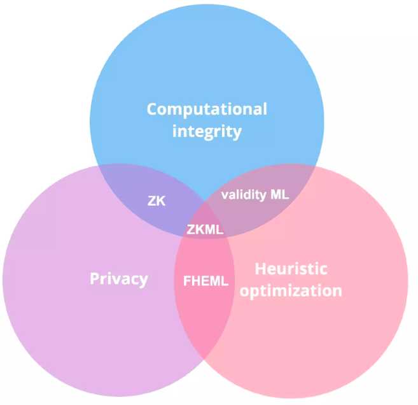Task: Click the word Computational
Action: pos(207,109)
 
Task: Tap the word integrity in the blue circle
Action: pos(207,132)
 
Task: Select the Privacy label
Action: pos(118,279)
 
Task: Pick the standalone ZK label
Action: pos(156,201)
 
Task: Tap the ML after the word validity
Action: pos(280,195)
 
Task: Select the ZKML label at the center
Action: pos(206,229)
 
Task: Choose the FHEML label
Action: pos(206,281)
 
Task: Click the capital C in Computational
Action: pos(153,109)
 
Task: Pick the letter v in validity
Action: pos(225,195)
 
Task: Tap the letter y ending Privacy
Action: pos(144,281)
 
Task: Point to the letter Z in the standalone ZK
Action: pos(151,201)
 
